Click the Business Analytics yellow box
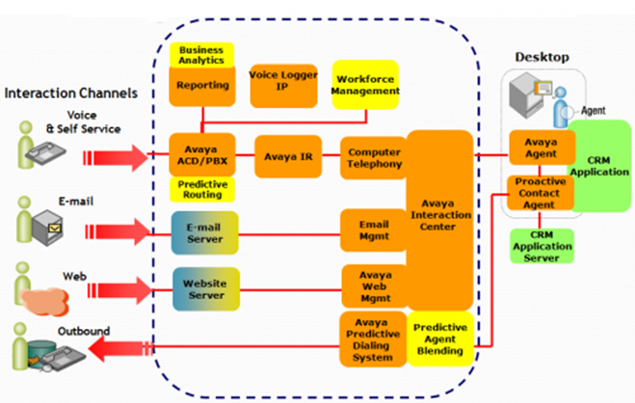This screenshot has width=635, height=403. [x=200, y=54]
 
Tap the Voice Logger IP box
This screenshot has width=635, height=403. [x=283, y=83]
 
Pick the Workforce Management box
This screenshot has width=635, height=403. [x=365, y=85]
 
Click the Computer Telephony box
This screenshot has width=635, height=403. [x=374, y=158]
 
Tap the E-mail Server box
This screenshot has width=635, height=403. [x=205, y=233]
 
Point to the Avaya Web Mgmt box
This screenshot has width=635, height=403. [x=374, y=286]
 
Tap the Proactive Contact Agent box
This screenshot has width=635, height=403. [x=540, y=193]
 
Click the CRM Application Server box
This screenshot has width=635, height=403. [x=540, y=246]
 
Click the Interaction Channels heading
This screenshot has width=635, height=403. [x=70, y=94]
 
